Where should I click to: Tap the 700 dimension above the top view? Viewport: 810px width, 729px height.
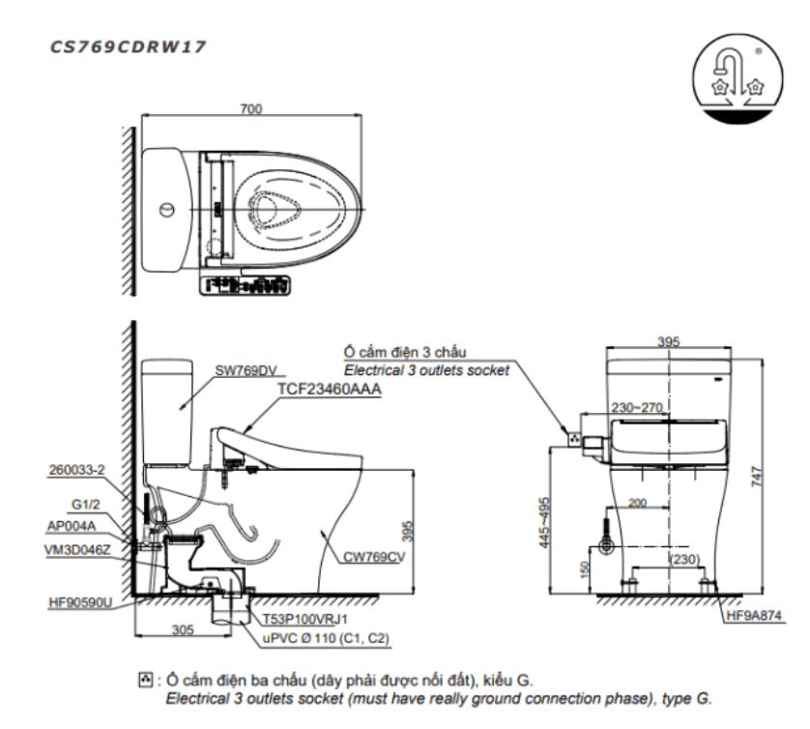coord(251,109)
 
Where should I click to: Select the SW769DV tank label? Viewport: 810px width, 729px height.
coord(246,370)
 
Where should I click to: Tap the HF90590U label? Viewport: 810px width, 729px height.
coord(80,602)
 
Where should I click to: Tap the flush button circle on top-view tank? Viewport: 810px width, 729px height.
coord(167,209)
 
